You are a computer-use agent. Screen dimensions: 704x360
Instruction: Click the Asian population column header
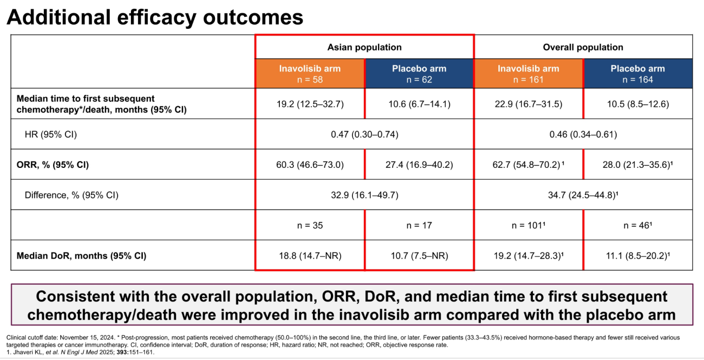pos(364,47)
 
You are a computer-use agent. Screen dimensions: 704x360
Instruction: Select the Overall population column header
pos(583,47)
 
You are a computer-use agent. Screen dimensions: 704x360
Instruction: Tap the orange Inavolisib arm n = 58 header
pos(310,74)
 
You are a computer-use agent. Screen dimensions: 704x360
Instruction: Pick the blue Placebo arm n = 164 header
pos(638,74)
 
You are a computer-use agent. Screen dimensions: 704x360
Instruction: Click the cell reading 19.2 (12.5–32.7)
pos(310,104)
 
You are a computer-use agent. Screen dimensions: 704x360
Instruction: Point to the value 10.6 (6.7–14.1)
pos(420,104)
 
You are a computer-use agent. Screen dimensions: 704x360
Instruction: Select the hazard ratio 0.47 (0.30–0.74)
pos(364,134)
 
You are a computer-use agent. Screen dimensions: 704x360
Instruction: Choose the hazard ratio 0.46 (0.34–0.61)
pos(583,134)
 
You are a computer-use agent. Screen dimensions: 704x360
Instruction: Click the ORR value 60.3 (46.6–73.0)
pos(310,165)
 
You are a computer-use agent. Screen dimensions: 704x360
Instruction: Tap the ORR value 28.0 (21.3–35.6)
pos(638,165)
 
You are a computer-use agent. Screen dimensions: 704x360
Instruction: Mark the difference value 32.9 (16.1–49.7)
pos(364,195)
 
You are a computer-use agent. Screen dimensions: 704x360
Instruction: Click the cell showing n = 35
pos(310,226)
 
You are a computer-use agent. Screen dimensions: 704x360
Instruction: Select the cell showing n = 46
pos(638,226)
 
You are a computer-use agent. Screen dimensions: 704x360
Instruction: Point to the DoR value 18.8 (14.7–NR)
pos(310,255)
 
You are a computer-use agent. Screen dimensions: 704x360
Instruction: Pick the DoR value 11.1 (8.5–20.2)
pos(638,255)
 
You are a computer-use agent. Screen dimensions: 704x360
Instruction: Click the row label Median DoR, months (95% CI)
pos(81,255)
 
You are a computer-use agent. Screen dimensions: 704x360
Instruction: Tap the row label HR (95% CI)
pos(51,134)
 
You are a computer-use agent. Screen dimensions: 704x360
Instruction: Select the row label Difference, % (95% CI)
pos(71,195)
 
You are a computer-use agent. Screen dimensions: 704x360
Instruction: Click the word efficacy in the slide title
pos(157,18)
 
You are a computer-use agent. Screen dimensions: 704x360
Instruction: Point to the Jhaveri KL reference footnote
pos(80,352)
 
